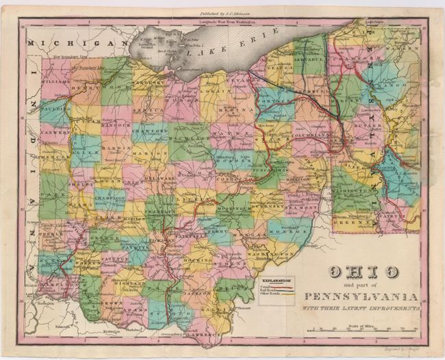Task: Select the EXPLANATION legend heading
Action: pyautogui.click(x=274, y=281)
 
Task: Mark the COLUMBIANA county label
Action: pyautogui.click(x=309, y=136)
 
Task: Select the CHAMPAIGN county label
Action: pyautogui.click(x=110, y=196)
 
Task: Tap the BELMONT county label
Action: pyautogui.click(x=301, y=204)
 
